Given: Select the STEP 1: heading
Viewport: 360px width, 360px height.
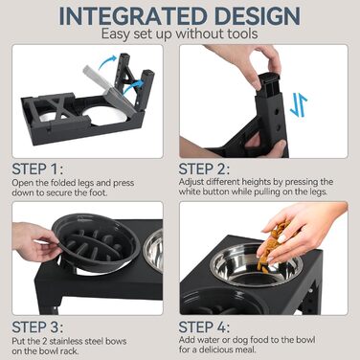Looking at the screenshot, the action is click(37, 169).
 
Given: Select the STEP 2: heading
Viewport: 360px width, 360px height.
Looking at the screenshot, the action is click(204, 169).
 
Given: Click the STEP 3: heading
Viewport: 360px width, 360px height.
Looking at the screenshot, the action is click(37, 327).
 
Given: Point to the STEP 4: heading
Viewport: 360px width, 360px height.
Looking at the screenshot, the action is click(204, 327).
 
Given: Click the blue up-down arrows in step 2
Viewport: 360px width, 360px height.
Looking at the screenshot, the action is click(299, 105).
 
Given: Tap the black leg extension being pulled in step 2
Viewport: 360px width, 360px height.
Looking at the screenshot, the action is click(270, 83).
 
